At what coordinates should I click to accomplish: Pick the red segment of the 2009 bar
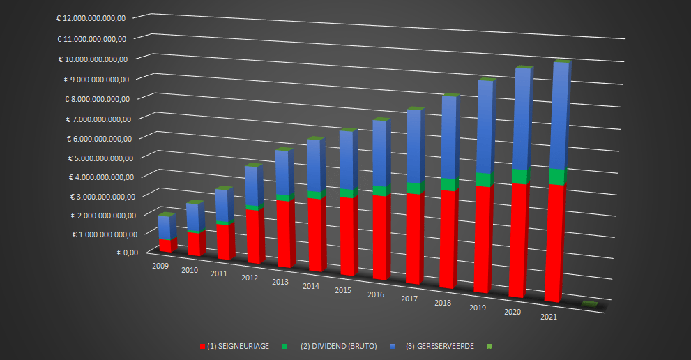(x=165, y=245)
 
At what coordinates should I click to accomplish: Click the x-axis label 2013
(x=280, y=281)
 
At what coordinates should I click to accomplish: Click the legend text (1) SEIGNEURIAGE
(x=238, y=346)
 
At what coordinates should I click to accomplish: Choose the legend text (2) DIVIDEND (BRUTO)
(x=339, y=346)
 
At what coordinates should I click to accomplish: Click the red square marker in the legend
(x=202, y=346)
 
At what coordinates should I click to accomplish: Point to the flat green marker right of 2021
(x=590, y=303)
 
